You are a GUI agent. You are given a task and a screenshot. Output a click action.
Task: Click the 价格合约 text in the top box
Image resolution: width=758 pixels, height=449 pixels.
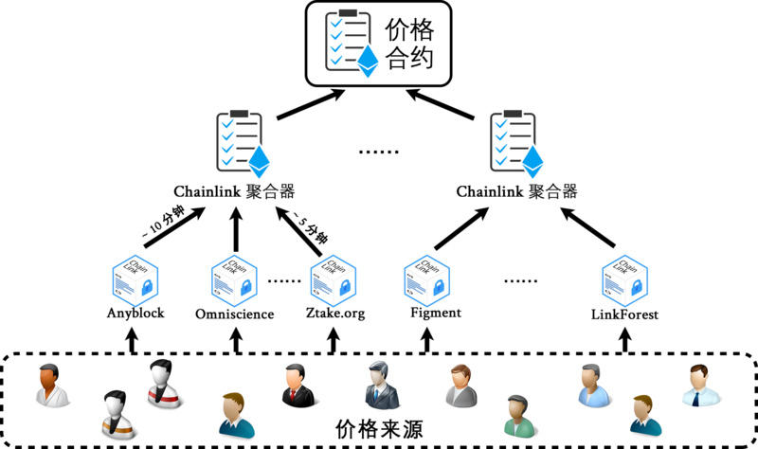[409, 43]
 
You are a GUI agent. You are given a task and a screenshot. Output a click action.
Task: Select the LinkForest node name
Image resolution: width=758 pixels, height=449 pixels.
[624, 314]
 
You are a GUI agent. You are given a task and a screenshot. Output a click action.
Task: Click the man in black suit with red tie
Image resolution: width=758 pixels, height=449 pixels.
[298, 384]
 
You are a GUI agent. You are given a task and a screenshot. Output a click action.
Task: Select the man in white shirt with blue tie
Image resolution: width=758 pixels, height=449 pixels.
[702, 384]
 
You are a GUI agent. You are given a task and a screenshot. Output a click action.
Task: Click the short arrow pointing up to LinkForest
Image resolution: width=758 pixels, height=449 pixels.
[624, 339]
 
